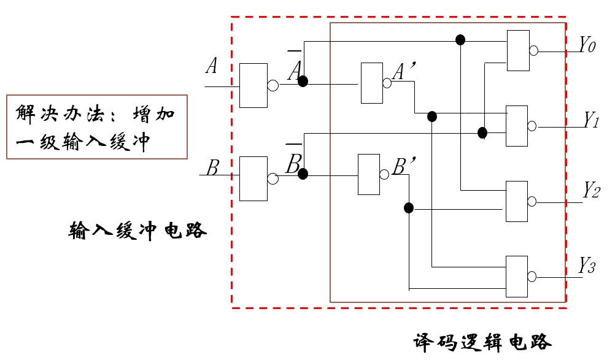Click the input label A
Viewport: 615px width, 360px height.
click(x=212, y=66)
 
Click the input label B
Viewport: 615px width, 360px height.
click(x=212, y=167)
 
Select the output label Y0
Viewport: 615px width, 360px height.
click(x=587, y=45)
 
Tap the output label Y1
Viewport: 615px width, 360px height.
click(x=591, y=120)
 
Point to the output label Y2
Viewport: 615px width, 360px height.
click(x=591, y=190)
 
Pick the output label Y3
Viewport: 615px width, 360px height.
click(x=587, y=267)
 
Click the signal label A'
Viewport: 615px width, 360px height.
click(x=405, y=73)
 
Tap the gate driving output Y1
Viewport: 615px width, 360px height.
click(x=516, y=126)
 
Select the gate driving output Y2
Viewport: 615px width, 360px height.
click(x=516, y=201)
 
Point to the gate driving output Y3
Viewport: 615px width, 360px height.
click(x=516, y=275)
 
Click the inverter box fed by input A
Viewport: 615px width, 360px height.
click(x=253, y=85)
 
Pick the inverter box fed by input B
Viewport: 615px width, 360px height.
click(x=253, y=178)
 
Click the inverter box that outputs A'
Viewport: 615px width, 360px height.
click(x=371, y=83)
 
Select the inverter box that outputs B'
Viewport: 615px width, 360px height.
click(x=369, y=175)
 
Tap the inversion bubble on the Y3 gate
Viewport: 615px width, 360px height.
click(x=532, y=276)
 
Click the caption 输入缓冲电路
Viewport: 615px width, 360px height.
click(x=137, y=231)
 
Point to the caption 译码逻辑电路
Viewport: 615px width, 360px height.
click(x=482, y=342)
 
